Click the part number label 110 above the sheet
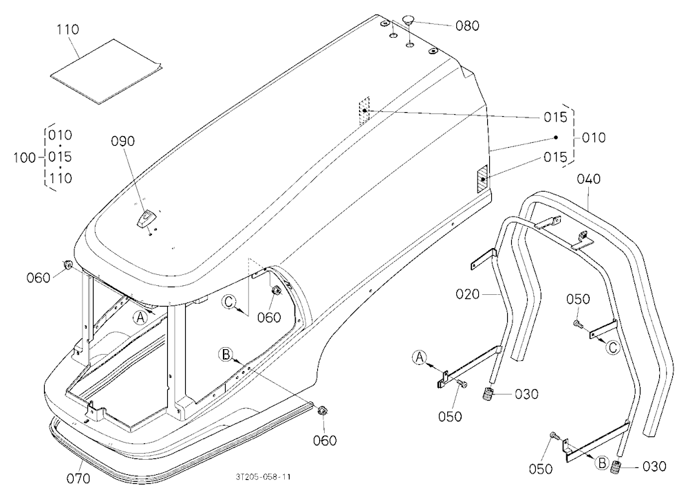click(68, 30)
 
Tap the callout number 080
click(467, 26)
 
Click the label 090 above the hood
click(123, 141)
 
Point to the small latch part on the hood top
click(144, 218)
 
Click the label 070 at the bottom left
click(78, 478)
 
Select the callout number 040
click(589, 179)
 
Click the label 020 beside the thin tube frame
click(468, 294)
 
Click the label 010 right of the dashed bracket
click(594, 137)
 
